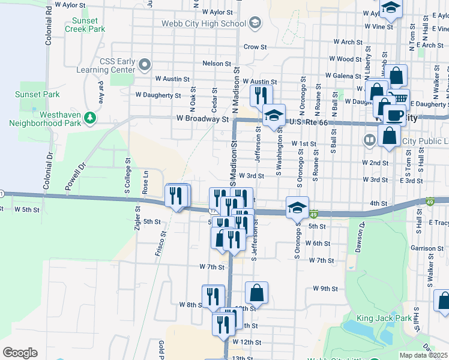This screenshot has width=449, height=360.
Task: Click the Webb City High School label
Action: (203, 23)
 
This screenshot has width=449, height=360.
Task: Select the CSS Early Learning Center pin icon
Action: (145, 64)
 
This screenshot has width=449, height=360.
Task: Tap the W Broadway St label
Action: (203, 119)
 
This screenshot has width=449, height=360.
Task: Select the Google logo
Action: (20, 353)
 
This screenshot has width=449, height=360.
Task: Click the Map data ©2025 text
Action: (423, 355)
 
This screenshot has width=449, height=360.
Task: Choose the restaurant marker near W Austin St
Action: (261, 95)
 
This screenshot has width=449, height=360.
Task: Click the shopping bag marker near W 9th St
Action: (256, 293)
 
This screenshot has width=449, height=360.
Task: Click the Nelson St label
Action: (217, 64)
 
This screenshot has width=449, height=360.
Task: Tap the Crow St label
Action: (255, 47)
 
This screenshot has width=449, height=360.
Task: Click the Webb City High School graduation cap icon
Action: (255, 23)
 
